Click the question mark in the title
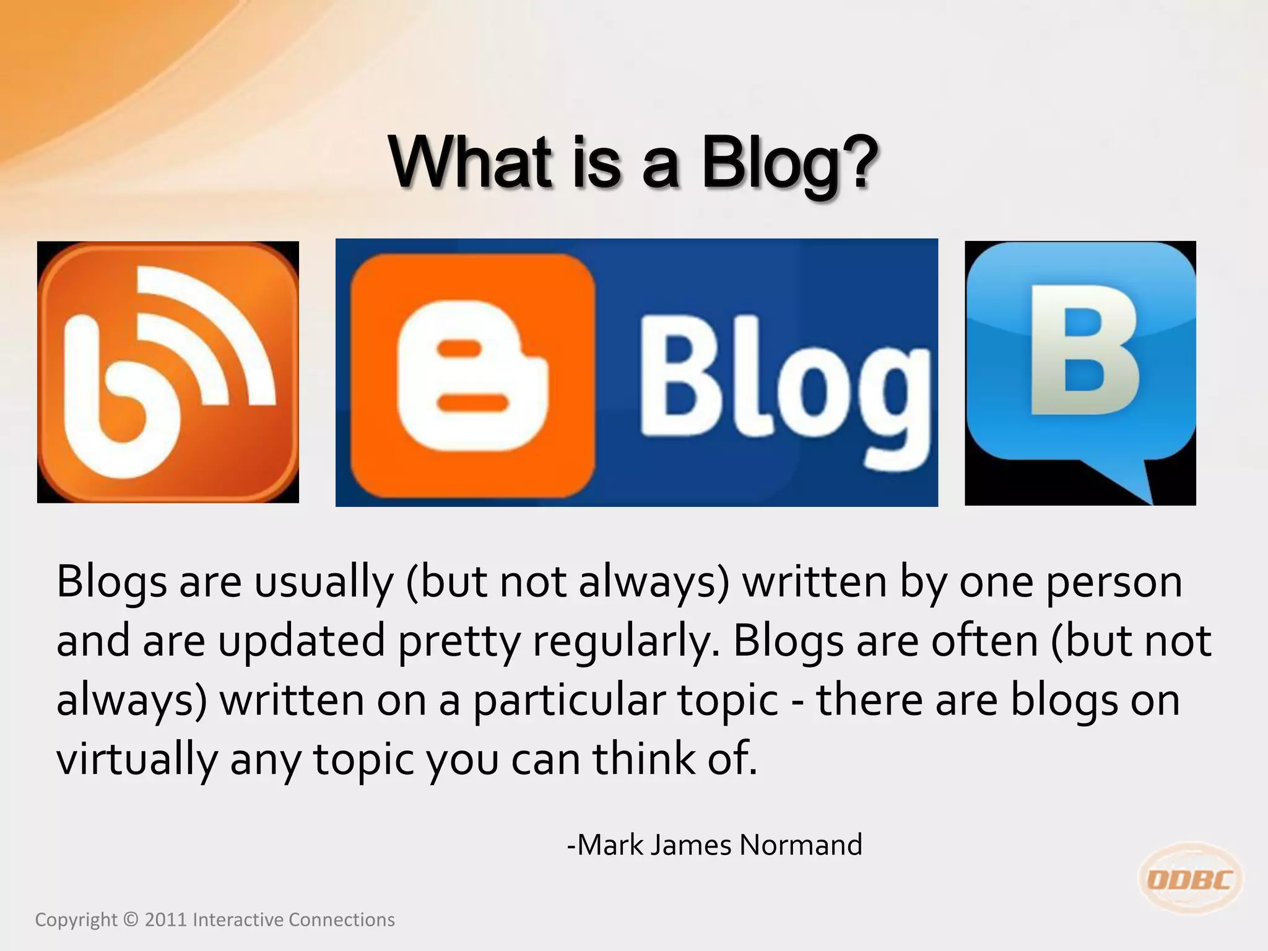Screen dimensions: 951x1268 [x=857, y=162]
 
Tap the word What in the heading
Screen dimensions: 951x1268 [x=471, y=162]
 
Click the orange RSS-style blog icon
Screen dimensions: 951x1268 [x=168, y=372]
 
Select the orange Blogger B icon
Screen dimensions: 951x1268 [x=472, y=375]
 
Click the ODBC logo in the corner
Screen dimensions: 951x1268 [x=1190, y=879]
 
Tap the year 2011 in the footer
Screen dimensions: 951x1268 [x=165, y=920]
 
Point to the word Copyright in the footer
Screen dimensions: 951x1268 [x=76, y=920]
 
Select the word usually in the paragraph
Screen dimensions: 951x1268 [x=324, y=583]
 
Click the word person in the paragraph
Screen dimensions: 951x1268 [x=1114, y=583]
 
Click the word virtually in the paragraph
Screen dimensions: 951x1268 [x=137, y=759]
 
